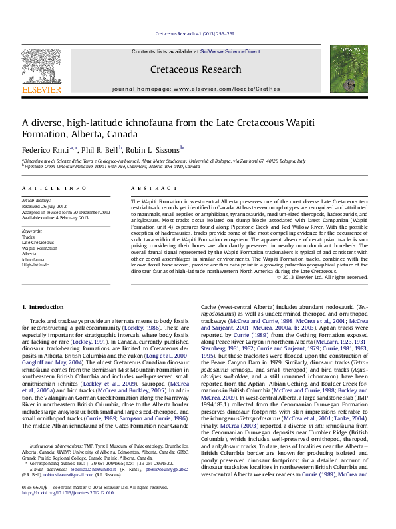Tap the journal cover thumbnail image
click(348, 69)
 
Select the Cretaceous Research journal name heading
click(195, 69)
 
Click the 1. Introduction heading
click(43, 307)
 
